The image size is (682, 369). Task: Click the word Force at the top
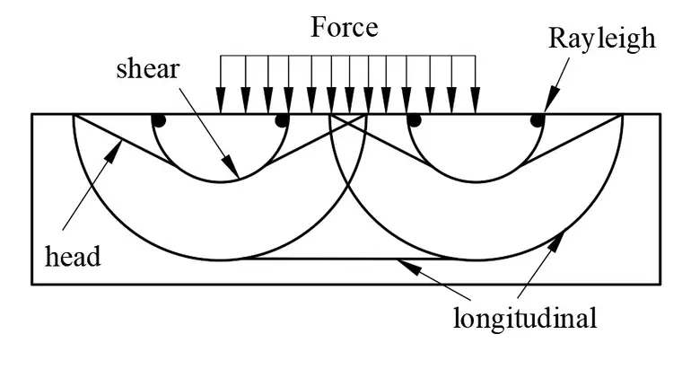(x=345, y=27)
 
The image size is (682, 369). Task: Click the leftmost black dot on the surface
(x=158, y=120)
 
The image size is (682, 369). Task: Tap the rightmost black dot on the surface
(x=537, y=120)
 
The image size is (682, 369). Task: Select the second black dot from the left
(x=282, y=120)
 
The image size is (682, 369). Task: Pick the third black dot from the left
(x=414, y=120)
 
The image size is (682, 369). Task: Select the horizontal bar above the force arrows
(x=348, y=57)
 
